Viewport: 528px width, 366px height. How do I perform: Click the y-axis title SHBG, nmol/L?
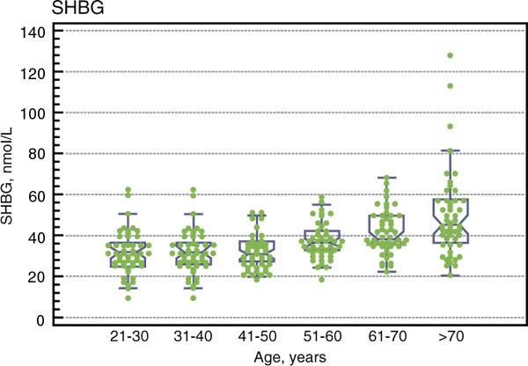point(12,174)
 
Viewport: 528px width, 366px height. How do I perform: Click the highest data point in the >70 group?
point(450,55)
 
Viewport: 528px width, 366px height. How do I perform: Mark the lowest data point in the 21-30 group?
point(128,297)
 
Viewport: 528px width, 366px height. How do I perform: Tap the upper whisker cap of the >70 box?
point(450,150)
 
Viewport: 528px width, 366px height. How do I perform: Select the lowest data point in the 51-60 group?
point(321,280)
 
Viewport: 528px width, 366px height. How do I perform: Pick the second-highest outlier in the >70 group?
point(450,86)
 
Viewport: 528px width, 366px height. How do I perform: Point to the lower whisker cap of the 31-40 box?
point(193,288)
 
